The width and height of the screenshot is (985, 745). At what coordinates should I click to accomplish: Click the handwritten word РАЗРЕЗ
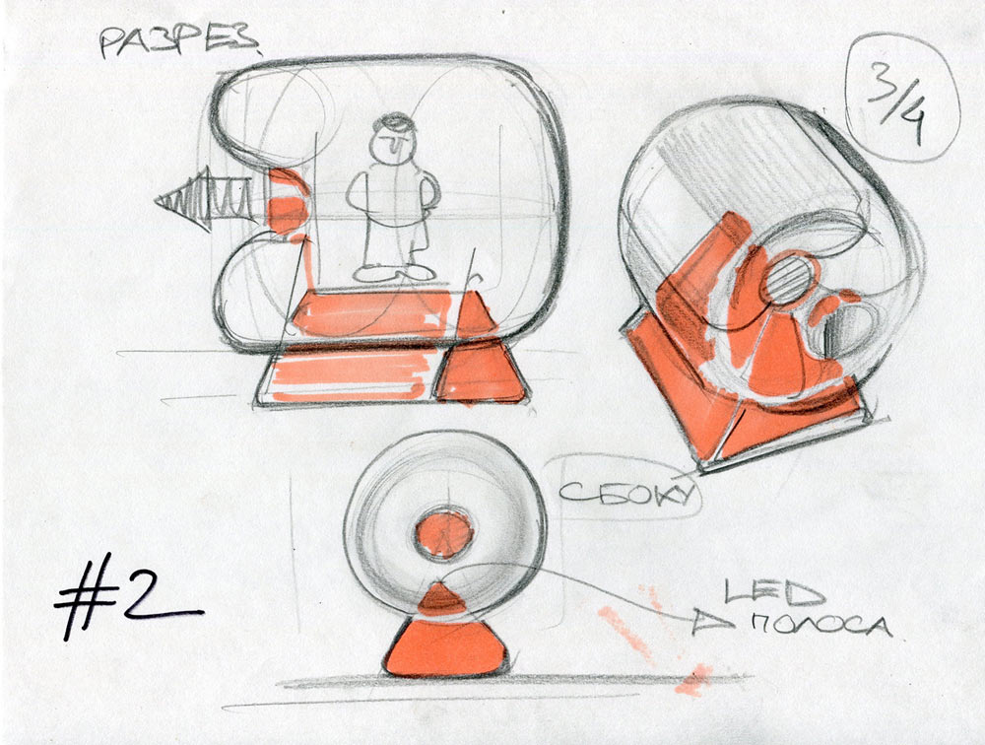pyautogui.click(x=177, y=40)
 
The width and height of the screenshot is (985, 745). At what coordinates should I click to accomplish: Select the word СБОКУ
pyautogui.click(x=626, y=490)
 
